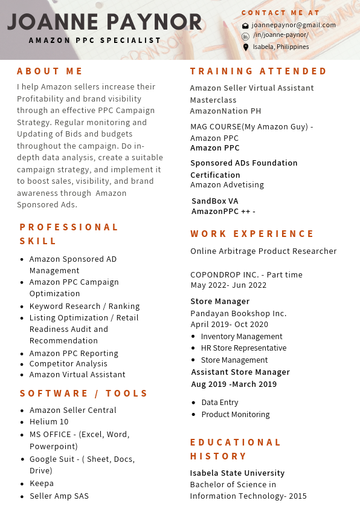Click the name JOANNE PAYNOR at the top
(x=104, y=22)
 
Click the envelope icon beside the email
(x=245, y=26)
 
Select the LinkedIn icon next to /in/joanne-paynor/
(x=245, y=36)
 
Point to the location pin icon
(x=245, y=47)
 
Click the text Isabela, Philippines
(x=281, y=47)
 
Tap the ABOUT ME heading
(x=50, y=71)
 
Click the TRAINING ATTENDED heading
(x=259, y=71)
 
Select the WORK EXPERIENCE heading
(x=252, y=234)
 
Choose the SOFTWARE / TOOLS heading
(x=84, y=394)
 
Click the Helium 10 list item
(x=49, y=422)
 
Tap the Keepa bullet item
(x=42, y=484)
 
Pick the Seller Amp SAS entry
(x=59, y=496)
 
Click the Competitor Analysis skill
(x=68, y=364)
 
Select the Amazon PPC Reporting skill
(x=74, y=354)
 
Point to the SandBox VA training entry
(x=215, y=201)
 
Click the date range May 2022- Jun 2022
(x=228, y=285)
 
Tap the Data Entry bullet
(x=220, y=403)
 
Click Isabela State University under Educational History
(x=237, y=473)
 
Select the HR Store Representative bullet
(x=243, y=348)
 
